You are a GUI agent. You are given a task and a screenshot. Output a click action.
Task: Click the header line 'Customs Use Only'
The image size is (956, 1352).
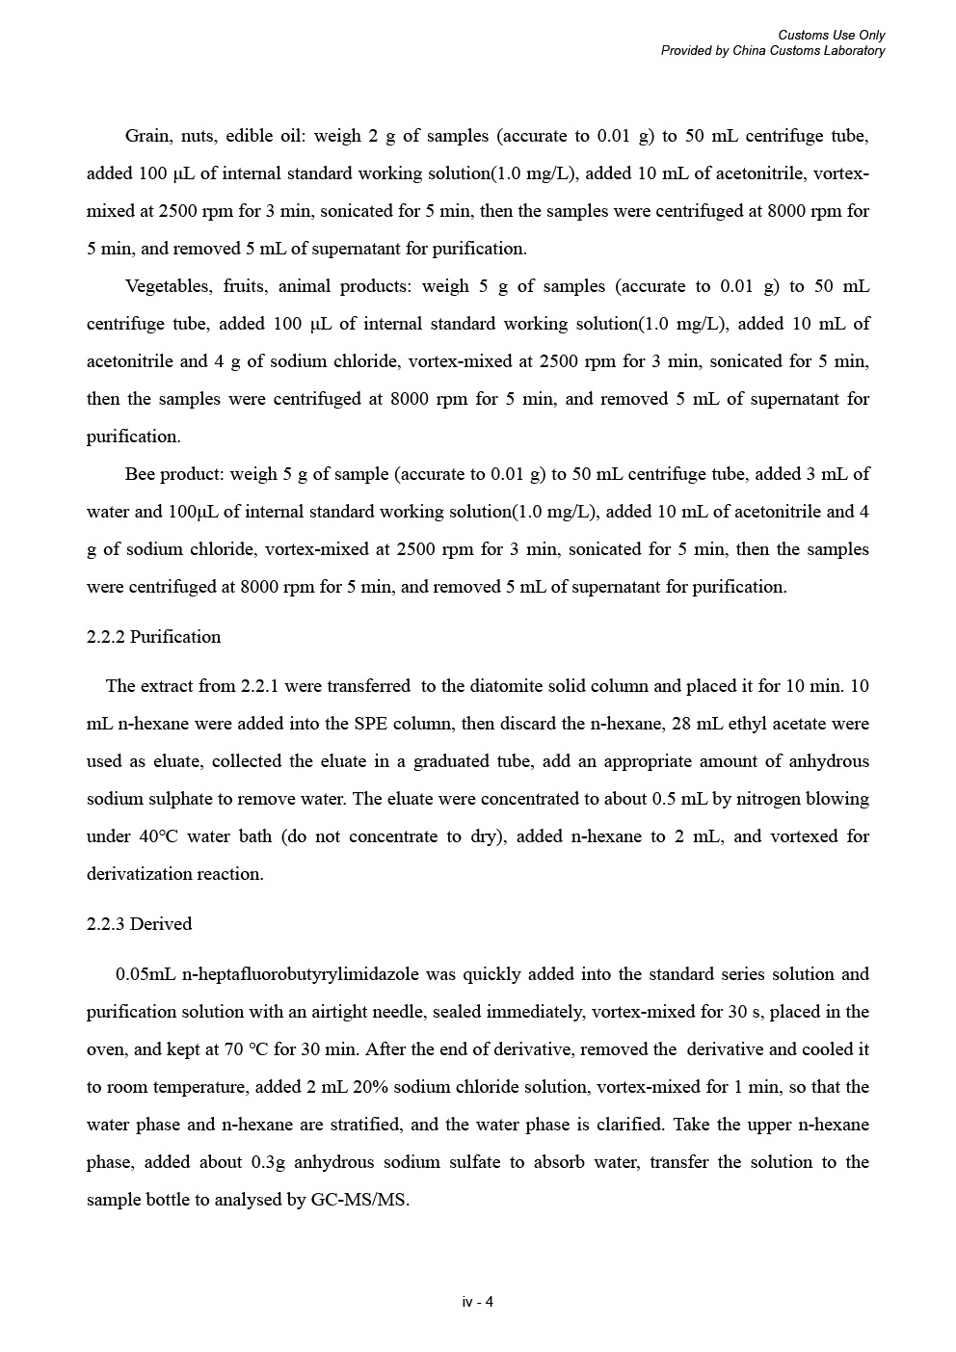click(x=831, y=36)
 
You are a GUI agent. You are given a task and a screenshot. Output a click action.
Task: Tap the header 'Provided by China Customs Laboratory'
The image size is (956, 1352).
click(x=772, y=51)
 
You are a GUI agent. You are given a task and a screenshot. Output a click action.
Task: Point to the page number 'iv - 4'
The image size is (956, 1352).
click(x=478, y=1302)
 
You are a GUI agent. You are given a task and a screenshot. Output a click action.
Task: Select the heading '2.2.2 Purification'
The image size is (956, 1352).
click(x=153, y=637)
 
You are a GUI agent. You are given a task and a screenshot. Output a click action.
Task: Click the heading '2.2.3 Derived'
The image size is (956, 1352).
click(x=139, y=924)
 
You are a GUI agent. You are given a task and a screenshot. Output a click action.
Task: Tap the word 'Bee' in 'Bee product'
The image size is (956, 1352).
click(x=140, y=474)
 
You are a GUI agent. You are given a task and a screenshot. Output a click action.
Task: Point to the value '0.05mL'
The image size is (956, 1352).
click(x=145, y=974)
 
